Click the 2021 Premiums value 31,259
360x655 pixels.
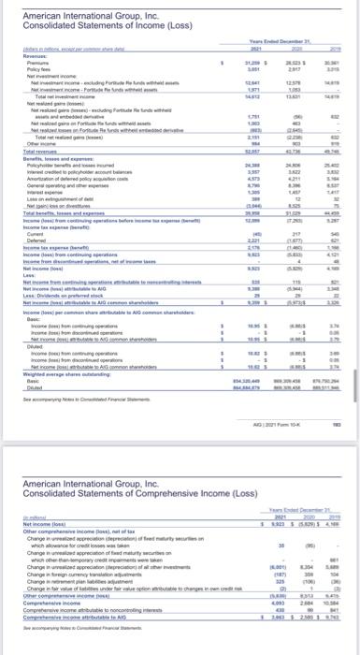[252, 64]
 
